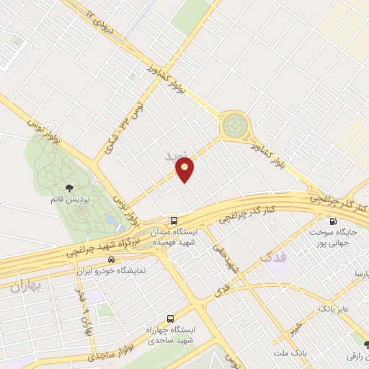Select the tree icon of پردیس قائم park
point(68,188)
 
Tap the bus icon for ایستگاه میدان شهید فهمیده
point(173,220)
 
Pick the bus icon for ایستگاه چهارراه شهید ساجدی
point(170,318)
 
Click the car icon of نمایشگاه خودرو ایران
point(110,259)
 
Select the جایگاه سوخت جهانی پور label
point(339,239)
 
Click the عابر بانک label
point(335,309)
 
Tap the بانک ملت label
point(290,353)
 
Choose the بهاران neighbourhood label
point(26,286)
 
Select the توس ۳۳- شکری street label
point(118,129)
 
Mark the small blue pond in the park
point(110,218)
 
